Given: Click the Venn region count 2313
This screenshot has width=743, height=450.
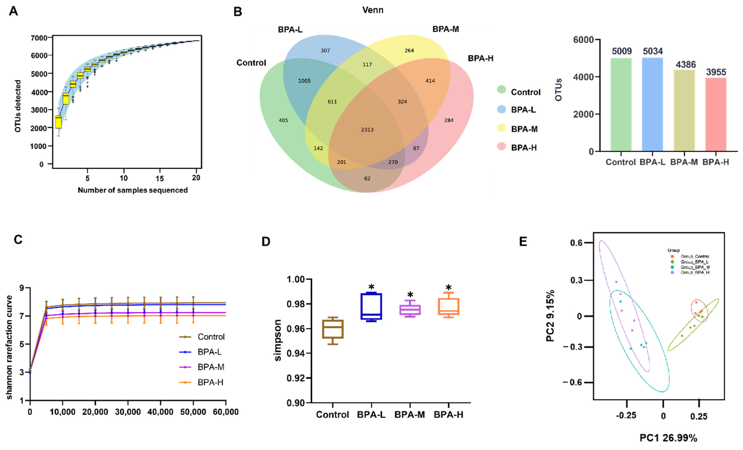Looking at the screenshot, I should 367,130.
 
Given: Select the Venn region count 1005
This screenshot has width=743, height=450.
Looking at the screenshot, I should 304,81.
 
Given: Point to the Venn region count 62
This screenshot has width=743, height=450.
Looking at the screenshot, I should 367,178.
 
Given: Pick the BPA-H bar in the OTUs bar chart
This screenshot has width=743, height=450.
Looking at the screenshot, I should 716,114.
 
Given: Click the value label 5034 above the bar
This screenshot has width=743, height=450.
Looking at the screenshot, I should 653,51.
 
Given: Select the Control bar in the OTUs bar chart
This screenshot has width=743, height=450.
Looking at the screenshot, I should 621,105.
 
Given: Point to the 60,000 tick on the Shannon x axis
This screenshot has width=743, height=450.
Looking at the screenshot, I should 225,412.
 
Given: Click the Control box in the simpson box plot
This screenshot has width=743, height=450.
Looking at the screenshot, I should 333,329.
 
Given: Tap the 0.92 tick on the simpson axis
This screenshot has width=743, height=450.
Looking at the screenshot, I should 296,378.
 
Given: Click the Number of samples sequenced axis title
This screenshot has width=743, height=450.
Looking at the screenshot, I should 133,190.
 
